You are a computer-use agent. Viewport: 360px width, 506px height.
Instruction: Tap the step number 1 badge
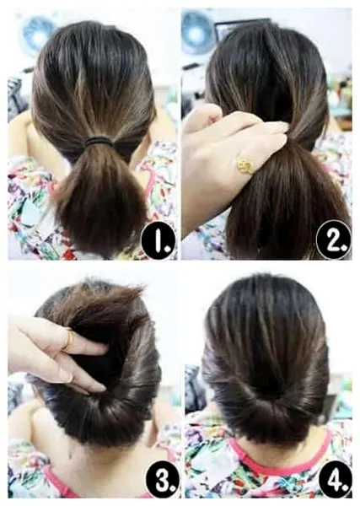pyautogui.click(x=159, y=241)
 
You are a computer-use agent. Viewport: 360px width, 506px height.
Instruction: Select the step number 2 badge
pyautogui.click(x=333, y=240)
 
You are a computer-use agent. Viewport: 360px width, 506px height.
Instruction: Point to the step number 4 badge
pyautogui.click(x=336, y=483)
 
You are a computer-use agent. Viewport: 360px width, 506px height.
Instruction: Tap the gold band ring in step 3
pyautogui.click(x=68, y=340)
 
